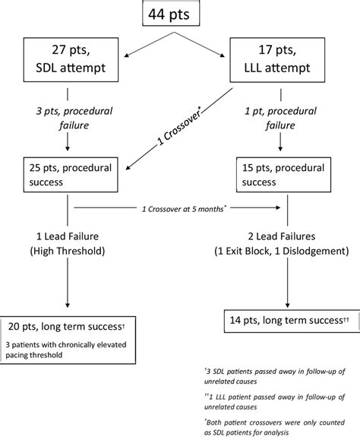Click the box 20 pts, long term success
[x=77, y=328]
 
